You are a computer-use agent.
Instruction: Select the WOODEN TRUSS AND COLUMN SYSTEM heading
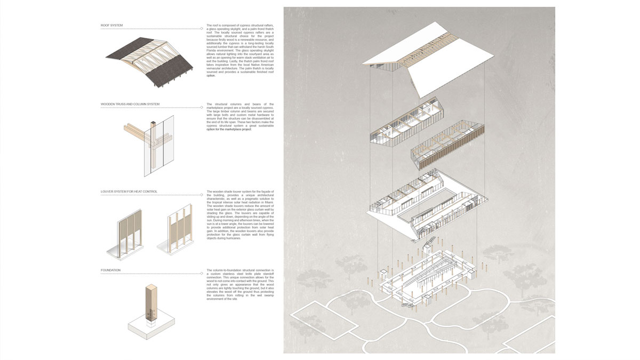130,104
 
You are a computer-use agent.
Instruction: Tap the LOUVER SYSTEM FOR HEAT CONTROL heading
129,191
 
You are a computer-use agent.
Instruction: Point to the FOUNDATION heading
110,270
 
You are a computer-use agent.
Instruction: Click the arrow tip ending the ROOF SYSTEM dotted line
203,28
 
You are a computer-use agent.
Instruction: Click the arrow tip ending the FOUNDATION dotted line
203,273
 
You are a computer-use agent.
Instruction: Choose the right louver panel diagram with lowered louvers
178,232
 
